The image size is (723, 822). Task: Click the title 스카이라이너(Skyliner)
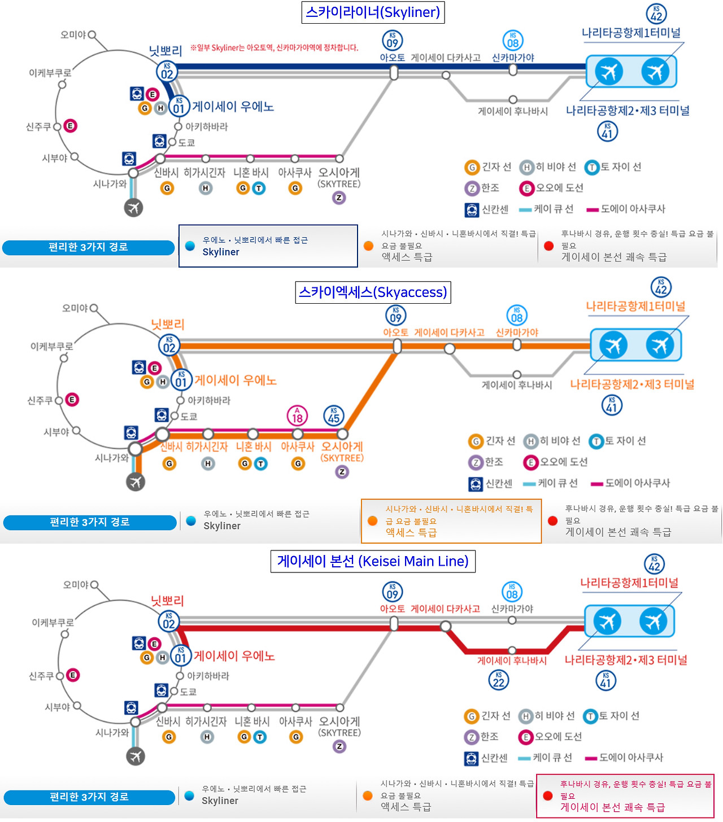pos(373,12)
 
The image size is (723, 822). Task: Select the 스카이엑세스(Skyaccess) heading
pos(373,292)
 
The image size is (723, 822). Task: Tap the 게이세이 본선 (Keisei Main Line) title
pos(373,561)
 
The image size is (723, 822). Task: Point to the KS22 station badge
pos(498,680)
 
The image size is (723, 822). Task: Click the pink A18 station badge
pos(297,416)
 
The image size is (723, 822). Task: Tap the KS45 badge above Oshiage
pos(334,416)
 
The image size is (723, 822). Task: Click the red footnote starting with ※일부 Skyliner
pos(274,48)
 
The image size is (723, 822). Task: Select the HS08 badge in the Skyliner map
pos(513,41)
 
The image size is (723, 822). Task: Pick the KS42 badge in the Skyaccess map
pos(661,287)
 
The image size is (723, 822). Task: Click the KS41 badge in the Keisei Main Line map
pos(606,681)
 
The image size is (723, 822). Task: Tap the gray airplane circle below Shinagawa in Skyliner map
pos(133,208)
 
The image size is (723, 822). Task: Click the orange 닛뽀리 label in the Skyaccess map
pos(168,325)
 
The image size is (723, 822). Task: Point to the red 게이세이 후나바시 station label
pos(512,661)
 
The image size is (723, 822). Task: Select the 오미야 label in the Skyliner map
pos(73,35)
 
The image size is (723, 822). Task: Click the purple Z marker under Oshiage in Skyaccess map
pos(342,472)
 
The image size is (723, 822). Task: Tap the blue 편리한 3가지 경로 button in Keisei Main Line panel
pos(89,797)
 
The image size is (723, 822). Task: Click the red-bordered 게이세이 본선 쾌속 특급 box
pos(625,796)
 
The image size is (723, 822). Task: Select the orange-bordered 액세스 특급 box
pos(451,521)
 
